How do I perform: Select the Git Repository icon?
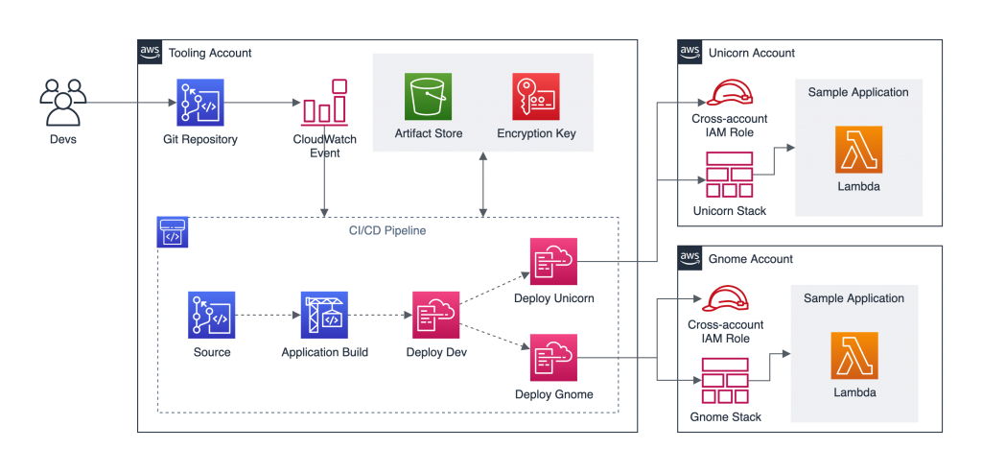tap(199, 103)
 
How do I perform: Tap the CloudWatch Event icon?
tap(324, 103)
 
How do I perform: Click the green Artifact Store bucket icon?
tap(428, 97)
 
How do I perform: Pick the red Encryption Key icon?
tap(536, 97)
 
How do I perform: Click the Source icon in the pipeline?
tap(211, 315)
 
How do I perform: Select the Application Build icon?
tap(323, 315)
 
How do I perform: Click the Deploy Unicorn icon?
tap(553, 261)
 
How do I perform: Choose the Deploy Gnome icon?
tap(553, 358)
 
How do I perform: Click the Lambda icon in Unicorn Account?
tap(857, 150)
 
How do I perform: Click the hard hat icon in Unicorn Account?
tap(729, 92)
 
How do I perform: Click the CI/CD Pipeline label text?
tap(387, 231)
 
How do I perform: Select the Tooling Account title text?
tap(209, 52)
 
